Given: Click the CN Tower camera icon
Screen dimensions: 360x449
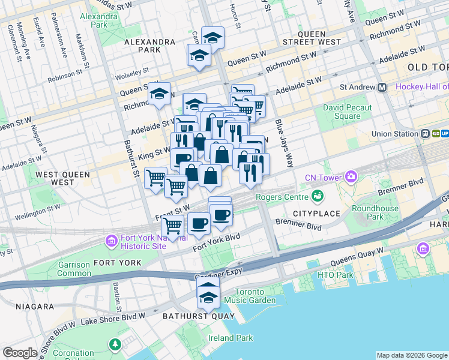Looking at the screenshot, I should (351, 177).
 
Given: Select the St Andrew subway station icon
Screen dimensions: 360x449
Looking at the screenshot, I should (382, 87).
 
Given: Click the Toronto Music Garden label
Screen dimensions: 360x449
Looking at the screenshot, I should (255, 296).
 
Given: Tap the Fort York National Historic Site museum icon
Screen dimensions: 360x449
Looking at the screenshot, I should (111, 241).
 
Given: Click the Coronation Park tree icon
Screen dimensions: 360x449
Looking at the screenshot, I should (114, 344).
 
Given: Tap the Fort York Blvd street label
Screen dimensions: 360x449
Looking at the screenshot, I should (216, 243).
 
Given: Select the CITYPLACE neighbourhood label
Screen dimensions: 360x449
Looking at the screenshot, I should (316, 214).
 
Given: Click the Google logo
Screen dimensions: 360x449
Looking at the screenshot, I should (20, 353).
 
